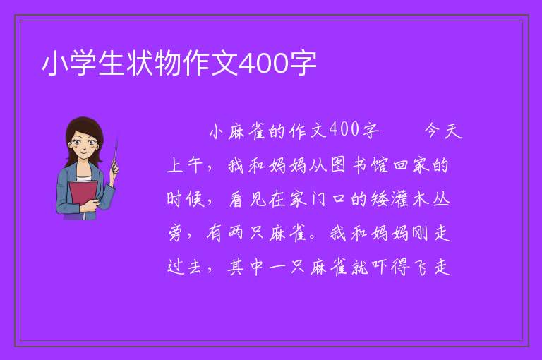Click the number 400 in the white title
point(263,64)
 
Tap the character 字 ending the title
point(303,64)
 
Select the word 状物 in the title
point(140,64)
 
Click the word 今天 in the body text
point(443,131)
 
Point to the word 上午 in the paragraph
point(184,165)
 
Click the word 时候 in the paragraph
point(186,199)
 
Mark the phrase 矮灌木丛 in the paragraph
point(410,199)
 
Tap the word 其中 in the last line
point(246,267)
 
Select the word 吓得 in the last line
point(390,267)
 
